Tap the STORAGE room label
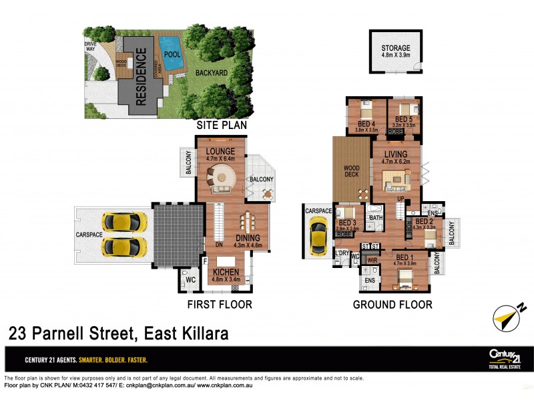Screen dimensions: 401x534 click(396, 49)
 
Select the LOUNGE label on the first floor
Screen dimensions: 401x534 click(220, 152)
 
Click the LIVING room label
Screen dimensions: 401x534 click(395, 154)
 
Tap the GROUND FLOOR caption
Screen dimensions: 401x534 click(392, 304)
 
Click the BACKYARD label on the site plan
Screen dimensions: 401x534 click(214, 73)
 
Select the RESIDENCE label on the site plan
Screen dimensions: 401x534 click(141, 79)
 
